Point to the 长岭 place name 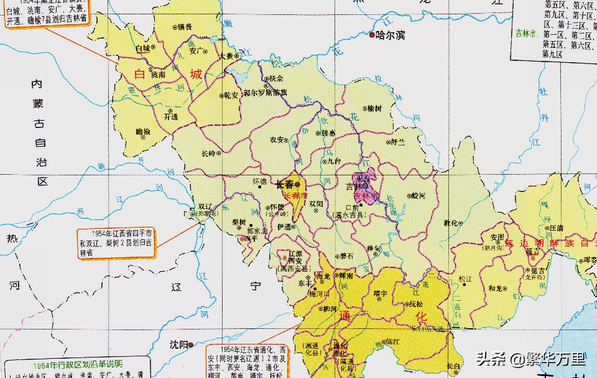coord(210,153)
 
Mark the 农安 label coord(277,140)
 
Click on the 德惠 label coord(328,133)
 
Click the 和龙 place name coord(496,288)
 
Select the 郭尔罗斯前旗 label coord(266,93)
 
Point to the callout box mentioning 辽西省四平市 coord(117,242)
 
